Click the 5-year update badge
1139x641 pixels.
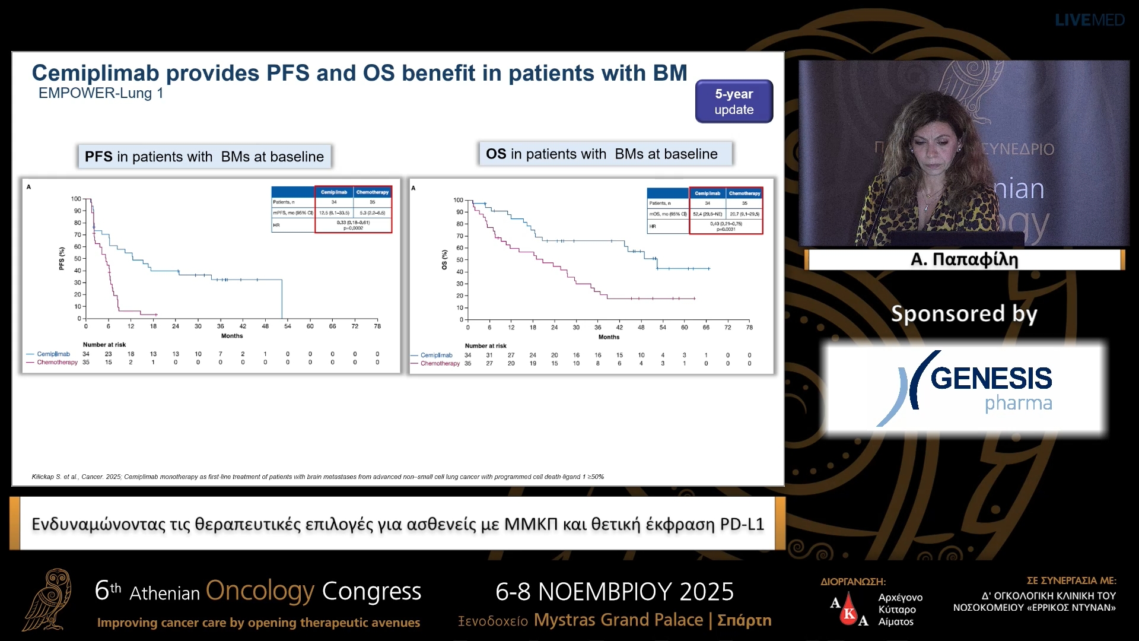[x=734, y=101]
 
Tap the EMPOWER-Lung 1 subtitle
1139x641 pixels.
[x=101, y=93]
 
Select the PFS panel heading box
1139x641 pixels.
[x=204, y=157]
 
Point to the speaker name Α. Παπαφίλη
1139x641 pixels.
[x=964, y=259]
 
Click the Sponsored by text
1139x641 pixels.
[x=964, y=313]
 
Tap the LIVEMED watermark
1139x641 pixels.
[x=1089, y=20]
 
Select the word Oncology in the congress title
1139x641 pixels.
[x=260, y=591]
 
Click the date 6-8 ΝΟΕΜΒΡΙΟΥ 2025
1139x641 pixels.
[x=615, y=592]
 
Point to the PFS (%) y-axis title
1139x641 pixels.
[x=62, y=259]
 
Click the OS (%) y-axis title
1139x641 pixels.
[x=444, y=260]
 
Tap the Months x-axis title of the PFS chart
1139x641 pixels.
[x=232, y=336]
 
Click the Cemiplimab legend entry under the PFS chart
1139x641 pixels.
[x=53, y=354]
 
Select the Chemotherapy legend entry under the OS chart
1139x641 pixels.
[x=440, y=363]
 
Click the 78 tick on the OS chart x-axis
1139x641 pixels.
[x=749, y=328]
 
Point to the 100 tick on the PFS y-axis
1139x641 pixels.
[x=76, y=199]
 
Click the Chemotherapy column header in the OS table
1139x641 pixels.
[x=744, y=193]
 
